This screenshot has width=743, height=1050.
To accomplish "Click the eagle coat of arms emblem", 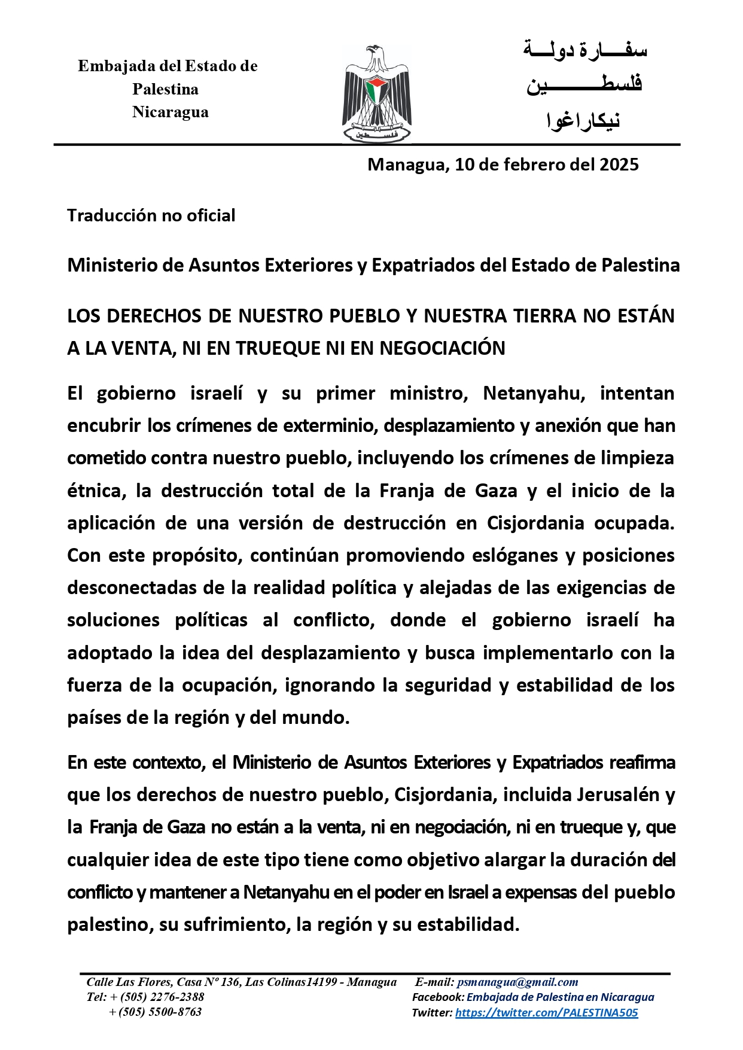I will click(x=376, y=94).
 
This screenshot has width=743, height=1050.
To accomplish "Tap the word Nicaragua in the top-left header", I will click(x=170, y=112).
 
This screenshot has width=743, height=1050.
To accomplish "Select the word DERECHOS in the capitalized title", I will click(x=154, y=316).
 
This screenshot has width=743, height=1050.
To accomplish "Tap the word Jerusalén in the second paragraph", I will click(x=617, y=795).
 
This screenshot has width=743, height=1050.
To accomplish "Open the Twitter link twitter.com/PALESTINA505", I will click(x=546, y=1012).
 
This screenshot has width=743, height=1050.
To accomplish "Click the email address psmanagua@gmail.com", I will click(x=517, y=982).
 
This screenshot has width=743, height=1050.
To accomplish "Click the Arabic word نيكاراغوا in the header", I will click(x=583, y=120).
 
